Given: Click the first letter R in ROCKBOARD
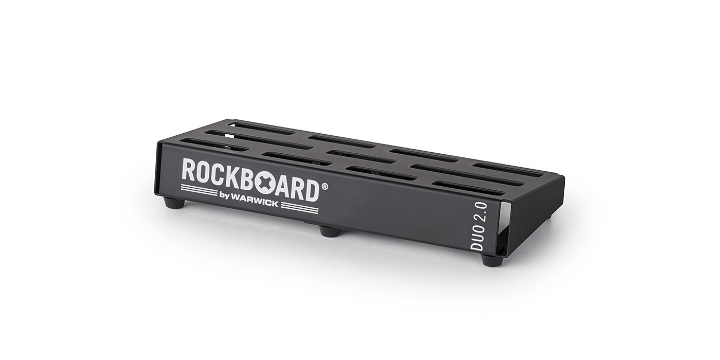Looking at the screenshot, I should (x=189, y=171).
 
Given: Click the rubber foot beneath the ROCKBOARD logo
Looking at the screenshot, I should (x=175, y=203).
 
